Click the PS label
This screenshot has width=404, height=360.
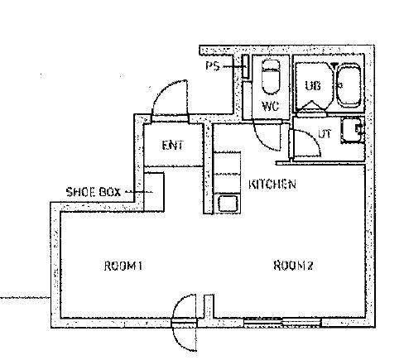(x=213, y=66)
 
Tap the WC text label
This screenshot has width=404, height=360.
(x=271, y=106)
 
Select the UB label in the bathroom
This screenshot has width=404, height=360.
(x=313, y=85)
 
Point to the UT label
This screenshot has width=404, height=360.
(x=325, y=134)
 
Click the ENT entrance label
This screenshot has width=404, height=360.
(x=173, y=145)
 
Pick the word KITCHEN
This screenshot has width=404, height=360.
(x=272, y=184)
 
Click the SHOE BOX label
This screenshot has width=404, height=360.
(x=94, y=192)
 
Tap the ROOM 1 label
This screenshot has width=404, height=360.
(x=123, y=266)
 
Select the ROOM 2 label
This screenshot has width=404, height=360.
(x=293, y=266)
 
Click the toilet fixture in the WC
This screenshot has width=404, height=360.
(x=271, y=77)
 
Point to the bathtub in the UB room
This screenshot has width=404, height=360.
(x=349, y=85)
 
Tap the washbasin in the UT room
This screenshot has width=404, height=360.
(x=353, y=130)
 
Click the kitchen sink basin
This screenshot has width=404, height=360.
(x=228, y=204)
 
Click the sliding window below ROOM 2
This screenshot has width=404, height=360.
(x=282, y=322)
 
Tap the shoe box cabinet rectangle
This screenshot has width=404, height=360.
(x=154, y=192)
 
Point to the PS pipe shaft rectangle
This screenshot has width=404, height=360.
(x=245, y=66)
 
